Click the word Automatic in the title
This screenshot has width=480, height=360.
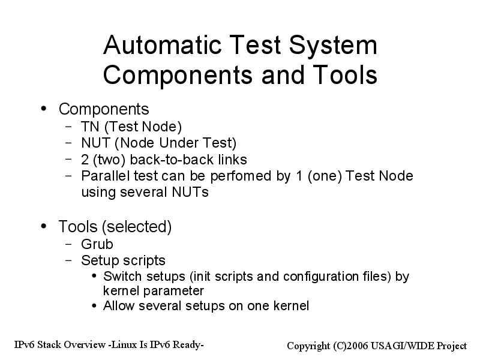(162, 45)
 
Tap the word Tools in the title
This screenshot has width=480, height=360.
(345, 75)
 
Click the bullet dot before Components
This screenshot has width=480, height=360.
(44, 109)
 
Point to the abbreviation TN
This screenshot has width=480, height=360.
(91, 127)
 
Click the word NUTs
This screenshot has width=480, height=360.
(190, 192)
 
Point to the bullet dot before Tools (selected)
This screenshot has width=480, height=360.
(44, 226)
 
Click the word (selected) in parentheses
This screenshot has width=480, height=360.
(137, 227)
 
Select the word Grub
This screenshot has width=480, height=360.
(97, 244)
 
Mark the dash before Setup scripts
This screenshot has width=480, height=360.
(68, 260)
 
